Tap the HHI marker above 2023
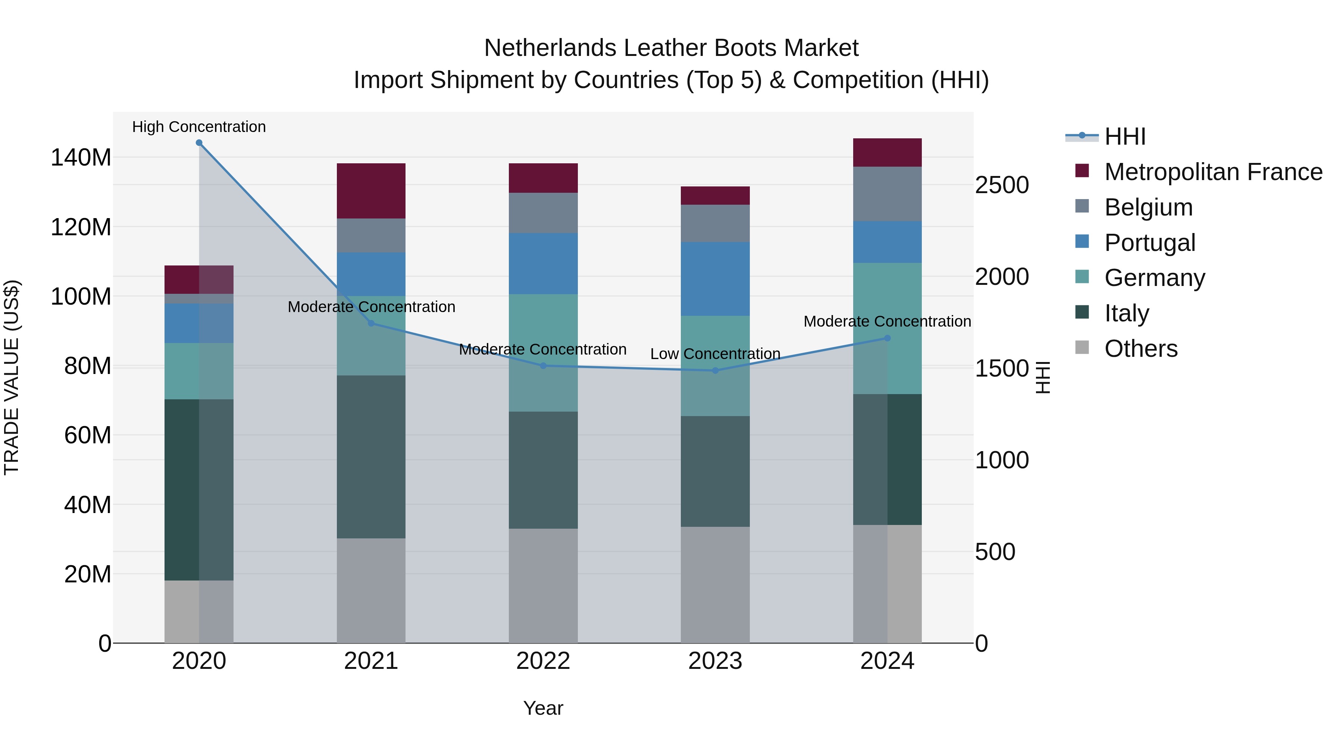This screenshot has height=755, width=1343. tap(715, 371)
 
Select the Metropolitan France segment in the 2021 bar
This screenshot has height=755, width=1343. tap(371, 191)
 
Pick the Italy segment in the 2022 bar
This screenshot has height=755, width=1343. tap(543, 470)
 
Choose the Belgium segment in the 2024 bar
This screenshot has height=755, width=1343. tap(887, 194)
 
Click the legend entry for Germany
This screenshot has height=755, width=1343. tap(1155, 278)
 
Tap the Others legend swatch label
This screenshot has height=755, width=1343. tap(1141, 349)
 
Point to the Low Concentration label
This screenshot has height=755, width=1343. tap(715, 354)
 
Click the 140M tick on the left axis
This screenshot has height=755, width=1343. tap(81, 157)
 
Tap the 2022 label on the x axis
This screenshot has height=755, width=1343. tap(543, 661)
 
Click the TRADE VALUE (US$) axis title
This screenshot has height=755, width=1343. tap(12, 377)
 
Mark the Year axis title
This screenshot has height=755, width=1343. tap(543, 708)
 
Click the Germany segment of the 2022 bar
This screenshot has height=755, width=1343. tap(543, 353)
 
